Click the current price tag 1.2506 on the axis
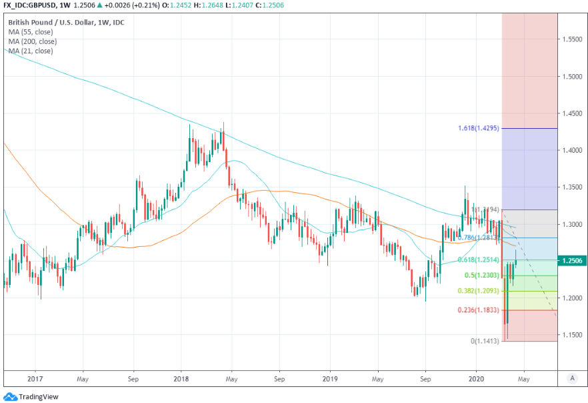573,260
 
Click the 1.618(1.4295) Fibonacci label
478,127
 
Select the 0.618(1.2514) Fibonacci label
478,260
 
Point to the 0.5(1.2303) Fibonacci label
481,275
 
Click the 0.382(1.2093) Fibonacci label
478,291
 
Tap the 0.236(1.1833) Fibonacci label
478,310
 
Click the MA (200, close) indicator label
33,41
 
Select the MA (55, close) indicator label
31,31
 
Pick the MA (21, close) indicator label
31,51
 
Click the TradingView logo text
37,397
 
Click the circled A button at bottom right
571,378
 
